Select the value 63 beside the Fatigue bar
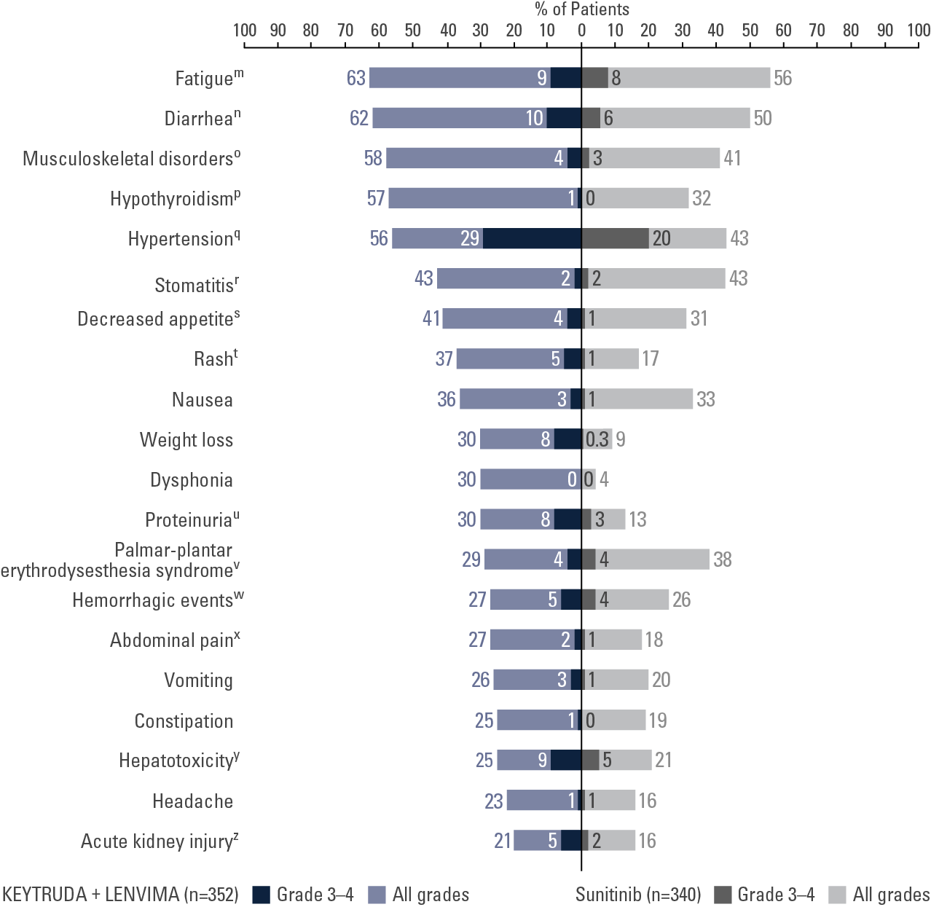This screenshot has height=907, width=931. pyautogui.click(x=356, y=78)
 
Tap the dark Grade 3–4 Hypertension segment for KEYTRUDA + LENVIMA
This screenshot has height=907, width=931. pyautogui.click(x=532, y=238)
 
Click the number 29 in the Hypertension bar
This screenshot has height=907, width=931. pyautogui.click(x=470, y=238)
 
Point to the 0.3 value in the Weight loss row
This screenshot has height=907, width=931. pyautogui.click(x=597, y=439)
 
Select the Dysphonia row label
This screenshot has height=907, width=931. pyautogui.click(x=192, y=480)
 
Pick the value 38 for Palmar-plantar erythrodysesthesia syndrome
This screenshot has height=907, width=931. pyautogui.click(x=723, y=559)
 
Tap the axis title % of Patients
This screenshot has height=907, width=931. pyautogui.click(x=582, y=9)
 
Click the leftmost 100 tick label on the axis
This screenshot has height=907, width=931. pyautogui.click(x=245, y=31)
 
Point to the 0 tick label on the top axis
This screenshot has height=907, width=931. pyautogui.click(x=581, y=31)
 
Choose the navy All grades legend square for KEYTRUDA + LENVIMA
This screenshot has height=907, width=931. pyautogui.click(x=377, y=895)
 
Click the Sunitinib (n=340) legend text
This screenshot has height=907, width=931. pyautogui.click(x=638, y=895)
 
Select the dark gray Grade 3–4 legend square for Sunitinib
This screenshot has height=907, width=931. pyautogui.click(x=722, y=895)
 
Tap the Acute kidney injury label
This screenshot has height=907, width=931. pyautogui.click(x=159, y=841)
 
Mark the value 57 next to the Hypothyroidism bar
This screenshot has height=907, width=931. pyautogui.click(x=376, y=198)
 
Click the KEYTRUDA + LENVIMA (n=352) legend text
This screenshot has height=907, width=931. pyautogui.click(x=120, y=895)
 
